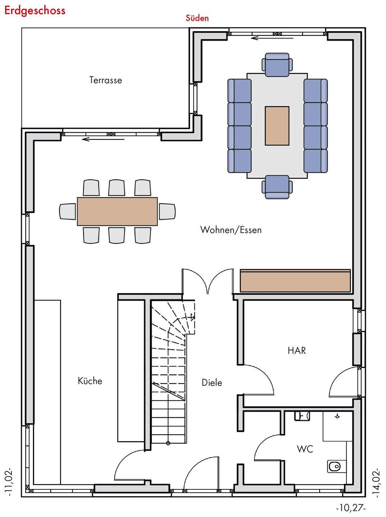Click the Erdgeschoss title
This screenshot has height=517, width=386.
[x=35, y=10]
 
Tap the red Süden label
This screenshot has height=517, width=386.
[x=197, y=18]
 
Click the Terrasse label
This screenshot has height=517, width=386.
[x=105, y=80]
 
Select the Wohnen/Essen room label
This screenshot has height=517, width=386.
[x=231, y=230]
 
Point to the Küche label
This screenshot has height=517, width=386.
[x=90, y=381]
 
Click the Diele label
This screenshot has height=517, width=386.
[x=212, y=383]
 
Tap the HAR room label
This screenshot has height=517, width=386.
[x=297, y=350]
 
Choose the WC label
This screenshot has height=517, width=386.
[x=305, y=449]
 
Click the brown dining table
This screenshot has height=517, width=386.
[x=117, y=211]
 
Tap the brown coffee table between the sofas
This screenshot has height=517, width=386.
[x=277, y=126]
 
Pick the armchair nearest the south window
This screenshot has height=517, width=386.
[x=277, y=65]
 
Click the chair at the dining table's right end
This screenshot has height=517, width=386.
[x=167, y=211]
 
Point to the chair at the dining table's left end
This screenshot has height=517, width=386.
[x=68, y=211]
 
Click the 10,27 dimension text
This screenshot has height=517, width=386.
[x=351, y=508]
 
